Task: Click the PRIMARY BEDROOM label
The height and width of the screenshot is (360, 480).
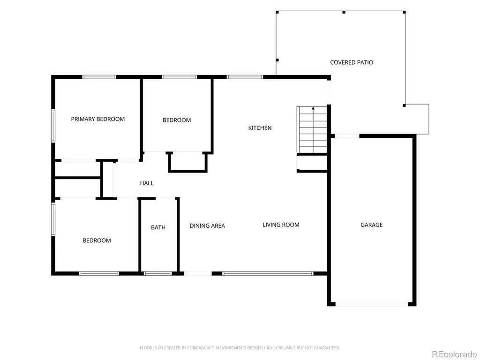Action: pyautogui.click(x=97, y=119)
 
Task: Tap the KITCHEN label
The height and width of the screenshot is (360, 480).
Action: pyautogui.click(x=260, y=128)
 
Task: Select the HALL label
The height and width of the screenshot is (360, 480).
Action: pyautogui.click(x=147, y=183)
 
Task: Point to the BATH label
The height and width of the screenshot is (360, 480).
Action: pyautogui.click(x=158, y=227)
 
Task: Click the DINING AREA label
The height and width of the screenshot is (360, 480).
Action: pyautogui.click(x=207, y=226)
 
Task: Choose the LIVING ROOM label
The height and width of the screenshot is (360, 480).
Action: pyautogui.click(x=281, y=225)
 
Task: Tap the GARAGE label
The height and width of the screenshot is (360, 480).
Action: pyautogui.click(x=371, y=225)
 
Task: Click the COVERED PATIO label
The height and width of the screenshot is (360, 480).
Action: pyautogui.click(x=352, y=62)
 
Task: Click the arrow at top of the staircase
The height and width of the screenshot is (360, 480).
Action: pyautogui.click(x=313, y=108)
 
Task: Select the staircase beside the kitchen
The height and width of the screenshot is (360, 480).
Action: pyautogui.click(x=312, y=130)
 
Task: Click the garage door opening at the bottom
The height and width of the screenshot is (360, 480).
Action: pyautogui.click(x=372, y=304)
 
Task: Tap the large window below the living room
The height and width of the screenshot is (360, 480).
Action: pyautogui.click(x=268, y=273)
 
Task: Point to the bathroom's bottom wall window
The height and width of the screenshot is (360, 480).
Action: pyautogui.click(x=157, y=273)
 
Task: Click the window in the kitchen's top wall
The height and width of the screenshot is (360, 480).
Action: pyautogui.click(x=245, y=77)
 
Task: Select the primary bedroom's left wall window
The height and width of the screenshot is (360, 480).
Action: pyautogui.click(x=53, y=126)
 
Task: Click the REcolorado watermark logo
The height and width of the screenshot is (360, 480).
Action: pyautogui.click(x=454, y=354)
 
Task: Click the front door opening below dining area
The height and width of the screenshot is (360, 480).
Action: pyautogui.click(x=198, y=273)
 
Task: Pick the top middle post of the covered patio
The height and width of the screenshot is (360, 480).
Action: pyautogui.click(x=344, y=12)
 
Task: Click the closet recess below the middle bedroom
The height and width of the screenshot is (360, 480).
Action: pyautogui.click(x=188, y=162)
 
